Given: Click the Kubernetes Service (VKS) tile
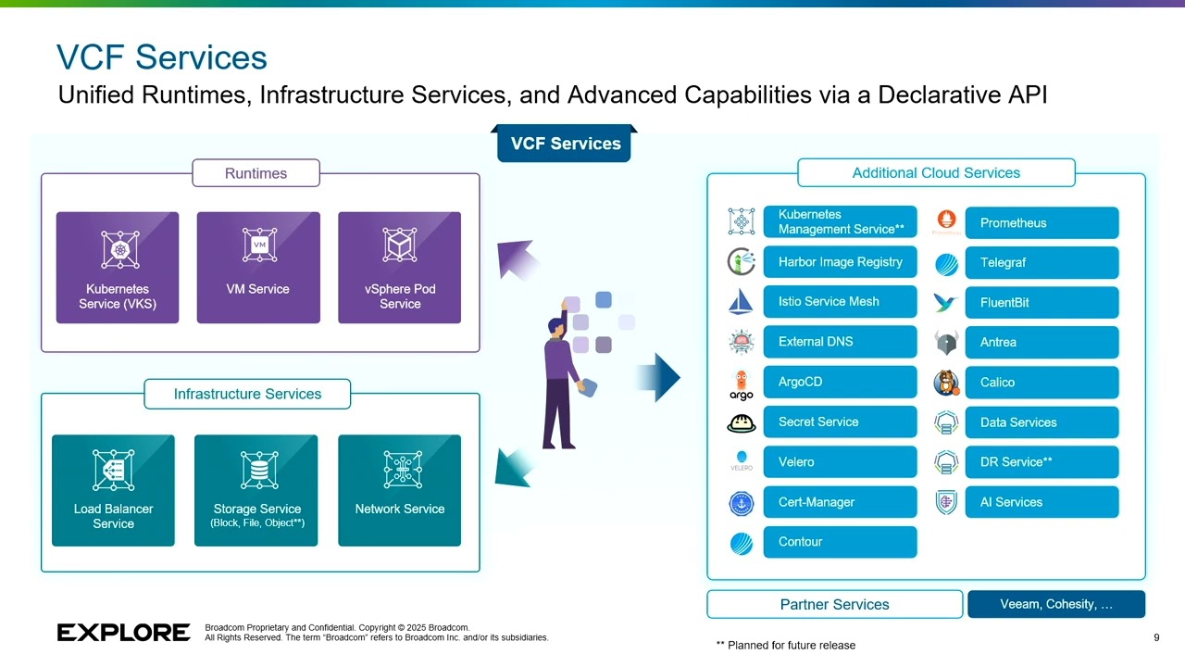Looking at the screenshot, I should point(118,268).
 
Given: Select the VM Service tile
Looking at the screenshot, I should point(258,268).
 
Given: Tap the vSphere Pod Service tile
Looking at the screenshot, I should point(399,268).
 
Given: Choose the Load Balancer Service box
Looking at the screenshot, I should point(113,490).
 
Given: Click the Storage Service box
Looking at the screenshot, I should point(256,490).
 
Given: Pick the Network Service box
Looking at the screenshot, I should point(399,490).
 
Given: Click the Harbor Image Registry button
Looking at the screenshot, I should point(840,262).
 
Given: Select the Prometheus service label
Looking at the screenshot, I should point(1042,223).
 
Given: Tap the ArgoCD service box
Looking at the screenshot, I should point(840,382).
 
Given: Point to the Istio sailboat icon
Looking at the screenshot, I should point(741,302).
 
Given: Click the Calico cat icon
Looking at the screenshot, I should point(946,382).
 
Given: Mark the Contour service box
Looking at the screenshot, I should point(840,542).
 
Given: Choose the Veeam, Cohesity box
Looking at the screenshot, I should point(1056,604).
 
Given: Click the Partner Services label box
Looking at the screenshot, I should point(834,604).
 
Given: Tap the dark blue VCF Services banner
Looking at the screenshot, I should point(565,144).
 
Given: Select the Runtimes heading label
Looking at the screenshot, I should point(256,173).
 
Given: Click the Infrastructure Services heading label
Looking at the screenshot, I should point(247,394).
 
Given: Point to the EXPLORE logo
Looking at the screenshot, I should point(123,633).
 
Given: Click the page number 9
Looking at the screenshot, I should point(1156,637).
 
